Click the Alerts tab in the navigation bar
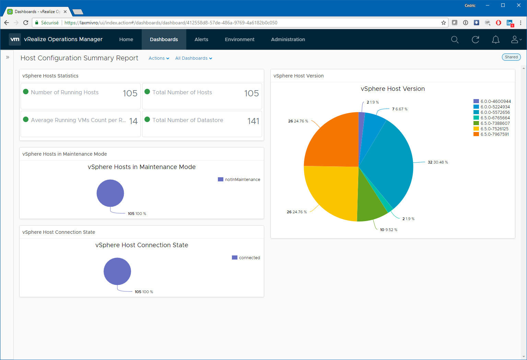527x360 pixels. point(201,39)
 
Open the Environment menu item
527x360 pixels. point(239,39)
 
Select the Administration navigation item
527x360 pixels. point(288,39)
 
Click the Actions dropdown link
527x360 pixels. point(159,58)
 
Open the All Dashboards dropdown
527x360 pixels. point(194,58)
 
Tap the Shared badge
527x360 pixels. point(511,57)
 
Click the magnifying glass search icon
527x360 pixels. point(455,39)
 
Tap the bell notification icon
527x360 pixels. point(496,39)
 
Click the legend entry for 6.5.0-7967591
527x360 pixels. point(491,134)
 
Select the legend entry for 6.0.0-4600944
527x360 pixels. point(492,101)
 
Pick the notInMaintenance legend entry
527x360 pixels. point(239,179)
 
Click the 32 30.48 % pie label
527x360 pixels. point(437,162)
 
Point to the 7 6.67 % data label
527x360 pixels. point(400,109)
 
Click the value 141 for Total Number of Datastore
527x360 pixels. point(253,121)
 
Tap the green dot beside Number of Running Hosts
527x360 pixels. point(26,92)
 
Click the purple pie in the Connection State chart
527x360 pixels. point(117,271)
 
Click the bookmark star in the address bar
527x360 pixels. point(444,23)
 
